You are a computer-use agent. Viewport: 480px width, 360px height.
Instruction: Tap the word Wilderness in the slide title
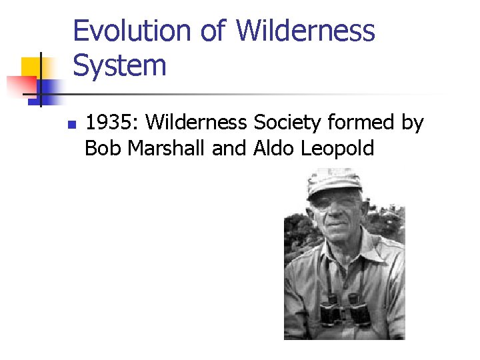[305, 31]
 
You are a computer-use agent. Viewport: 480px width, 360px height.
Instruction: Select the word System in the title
[119, 65]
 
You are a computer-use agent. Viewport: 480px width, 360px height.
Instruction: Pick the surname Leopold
[338, 149]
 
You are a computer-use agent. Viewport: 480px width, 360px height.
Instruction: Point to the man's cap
[333, 180]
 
